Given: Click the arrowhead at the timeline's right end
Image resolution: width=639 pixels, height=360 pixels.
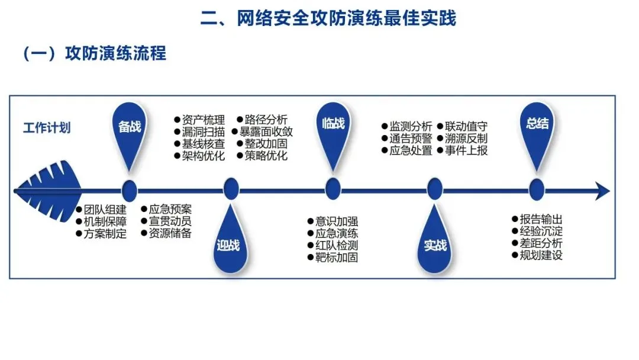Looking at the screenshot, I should [602, 191].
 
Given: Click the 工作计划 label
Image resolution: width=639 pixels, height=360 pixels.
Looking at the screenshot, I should [47, 127].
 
